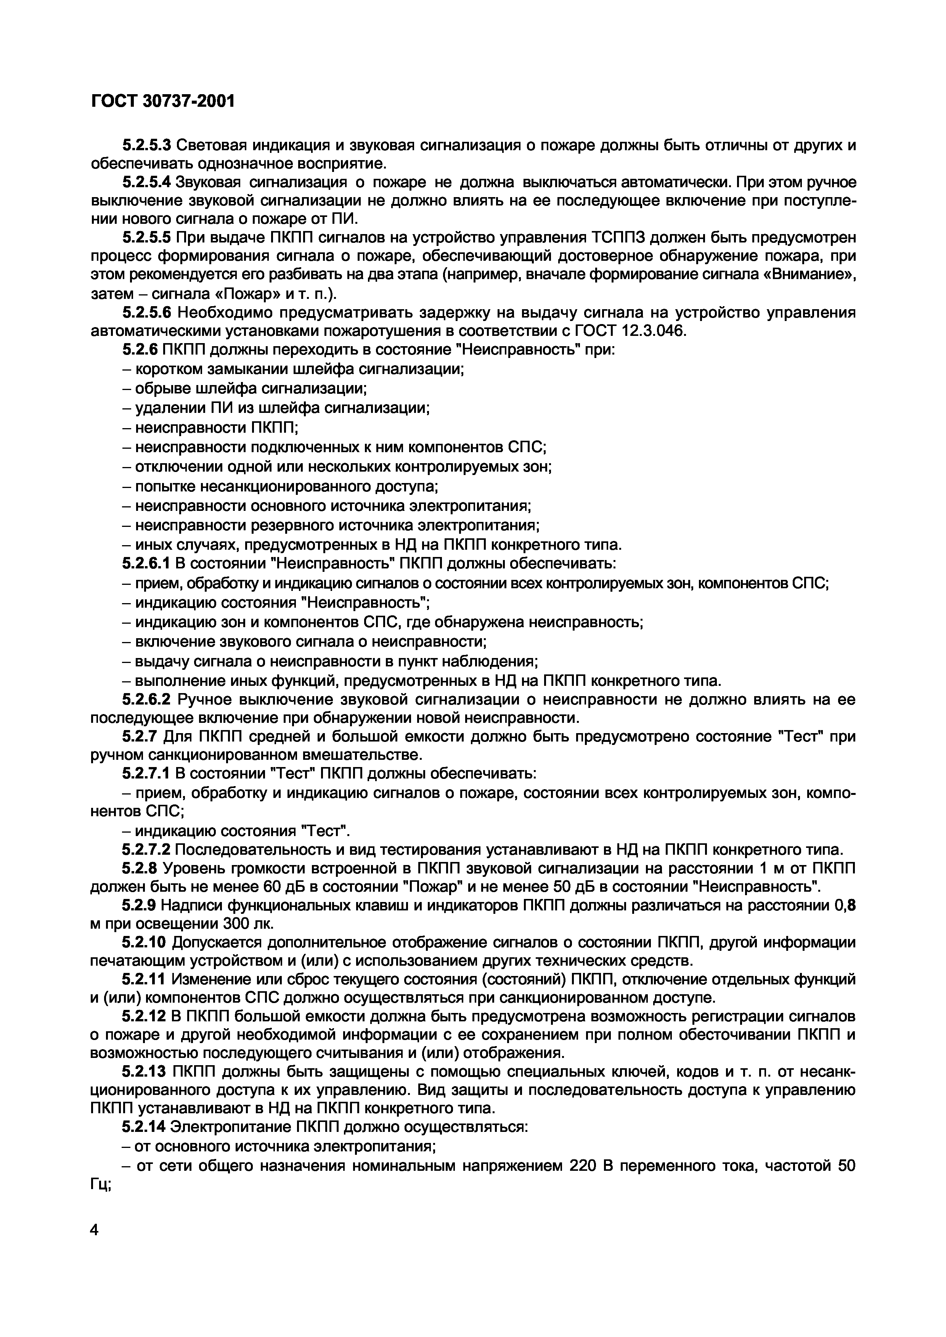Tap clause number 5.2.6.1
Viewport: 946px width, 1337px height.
146,564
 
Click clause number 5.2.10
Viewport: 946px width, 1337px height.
145,943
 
